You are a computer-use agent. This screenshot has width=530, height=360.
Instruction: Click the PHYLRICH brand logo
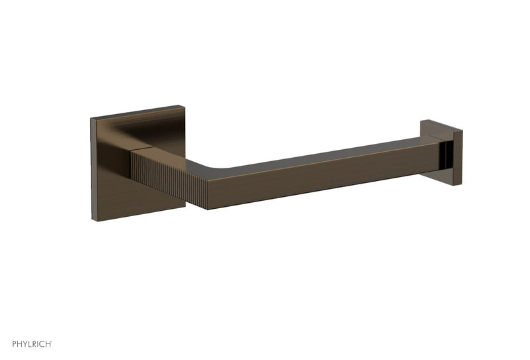click(26, 345)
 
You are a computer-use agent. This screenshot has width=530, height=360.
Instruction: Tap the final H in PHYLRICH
click(47, 345)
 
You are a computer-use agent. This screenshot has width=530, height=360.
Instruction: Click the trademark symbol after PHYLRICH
click(52, 342)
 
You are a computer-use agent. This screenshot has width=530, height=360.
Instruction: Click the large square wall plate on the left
click(116, 179)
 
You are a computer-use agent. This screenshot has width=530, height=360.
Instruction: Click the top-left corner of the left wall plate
click(91, 120)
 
